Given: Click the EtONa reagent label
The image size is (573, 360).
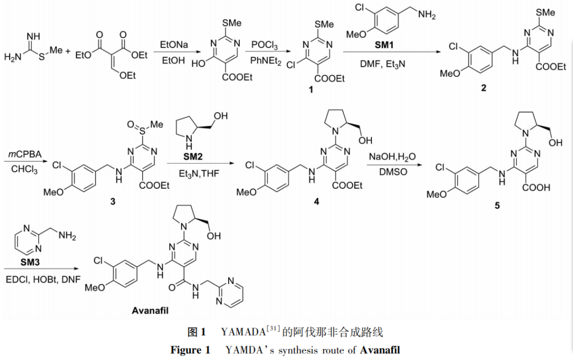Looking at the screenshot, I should tap(174, 46).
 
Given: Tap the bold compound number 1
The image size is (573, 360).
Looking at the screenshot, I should tap(311, 91).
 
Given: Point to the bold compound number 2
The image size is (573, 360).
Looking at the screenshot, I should tap(484, 88).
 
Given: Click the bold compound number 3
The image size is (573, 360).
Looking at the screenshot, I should tap(112, 202).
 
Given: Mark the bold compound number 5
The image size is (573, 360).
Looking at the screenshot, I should tap(497, 205).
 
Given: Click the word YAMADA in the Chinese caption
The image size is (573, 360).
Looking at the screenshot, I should tap(242, 333).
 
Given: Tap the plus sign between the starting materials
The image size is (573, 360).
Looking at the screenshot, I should tap(67, 51).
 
